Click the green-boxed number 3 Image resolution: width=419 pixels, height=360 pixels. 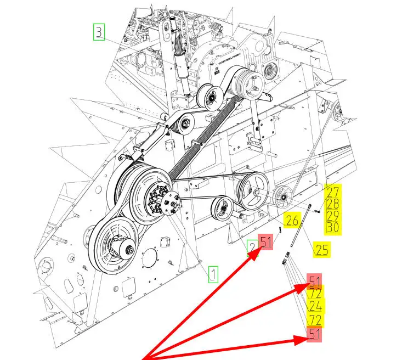click(x=99, y=32)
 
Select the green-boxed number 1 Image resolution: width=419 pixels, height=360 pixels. click(x=213, y=274)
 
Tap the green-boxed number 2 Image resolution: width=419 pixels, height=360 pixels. click(x=252, y=248)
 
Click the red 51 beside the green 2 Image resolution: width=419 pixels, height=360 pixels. click(x=265, y=242)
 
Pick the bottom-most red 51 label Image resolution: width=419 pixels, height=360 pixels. click(x=314, y=334)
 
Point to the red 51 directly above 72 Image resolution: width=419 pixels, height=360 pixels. click(x=314, y=280)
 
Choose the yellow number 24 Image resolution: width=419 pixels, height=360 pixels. click(x=315, y=306)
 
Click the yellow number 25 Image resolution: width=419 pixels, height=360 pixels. click(x=322, y=250)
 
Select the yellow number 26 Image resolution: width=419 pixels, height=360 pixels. click(x=292, y=221)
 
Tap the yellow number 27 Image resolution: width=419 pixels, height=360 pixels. click(x=333, y=192)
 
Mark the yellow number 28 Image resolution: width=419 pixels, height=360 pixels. click(x=333, y=204)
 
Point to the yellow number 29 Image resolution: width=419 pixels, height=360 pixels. click(x=333, y=216)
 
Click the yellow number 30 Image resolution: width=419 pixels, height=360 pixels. click(x=333, y=228)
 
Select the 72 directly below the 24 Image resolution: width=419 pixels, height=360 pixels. click(x=315, y=320)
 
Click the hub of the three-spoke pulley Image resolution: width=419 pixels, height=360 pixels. click(x=256, y=192)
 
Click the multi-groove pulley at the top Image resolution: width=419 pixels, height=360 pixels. click(x=248, y=82)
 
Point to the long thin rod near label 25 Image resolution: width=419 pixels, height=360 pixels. click(x=301, y=226)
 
